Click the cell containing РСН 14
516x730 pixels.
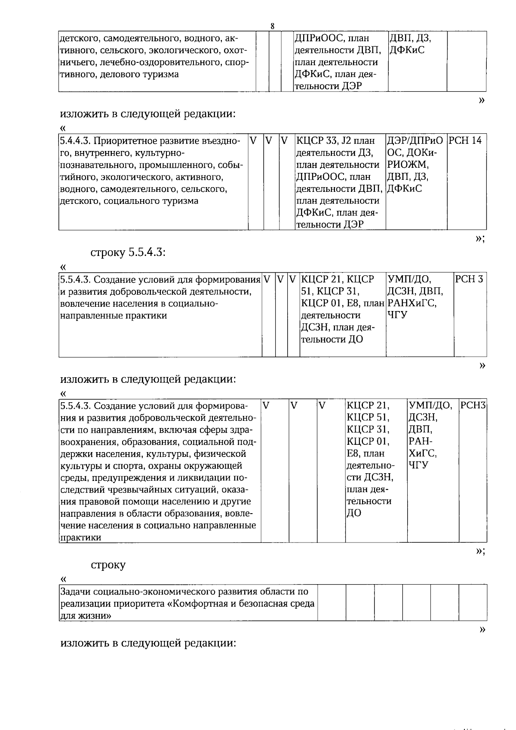point(465,141)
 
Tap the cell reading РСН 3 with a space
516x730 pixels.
point(469,280)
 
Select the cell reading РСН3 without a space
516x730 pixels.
point(473,406)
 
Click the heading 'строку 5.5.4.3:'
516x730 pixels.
point(128,253)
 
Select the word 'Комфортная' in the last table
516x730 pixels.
point(197,604)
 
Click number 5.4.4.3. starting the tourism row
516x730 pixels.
point(75,141)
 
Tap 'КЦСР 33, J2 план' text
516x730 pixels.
point(335,141)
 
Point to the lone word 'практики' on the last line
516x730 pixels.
point(80,538)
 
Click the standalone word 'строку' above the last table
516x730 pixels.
point(108,565)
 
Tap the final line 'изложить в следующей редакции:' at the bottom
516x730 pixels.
point(148,644)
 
